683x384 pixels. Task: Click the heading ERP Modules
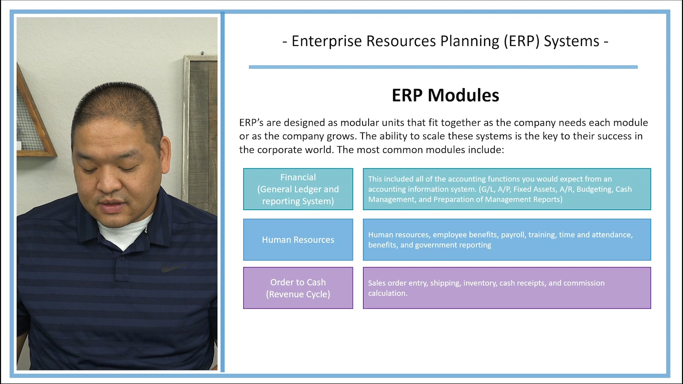(x=445, y=95)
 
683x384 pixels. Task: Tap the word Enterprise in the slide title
(x=327, y=41)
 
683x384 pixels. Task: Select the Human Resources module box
(x=298, y=240)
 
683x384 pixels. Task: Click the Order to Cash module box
(x=298, y=288)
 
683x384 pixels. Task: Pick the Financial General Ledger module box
(x=298, y=189)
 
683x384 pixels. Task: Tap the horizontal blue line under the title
(x=443, y=67)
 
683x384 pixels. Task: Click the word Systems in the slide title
(x=571, y=41)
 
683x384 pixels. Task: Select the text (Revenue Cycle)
(x=298, y=294)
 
